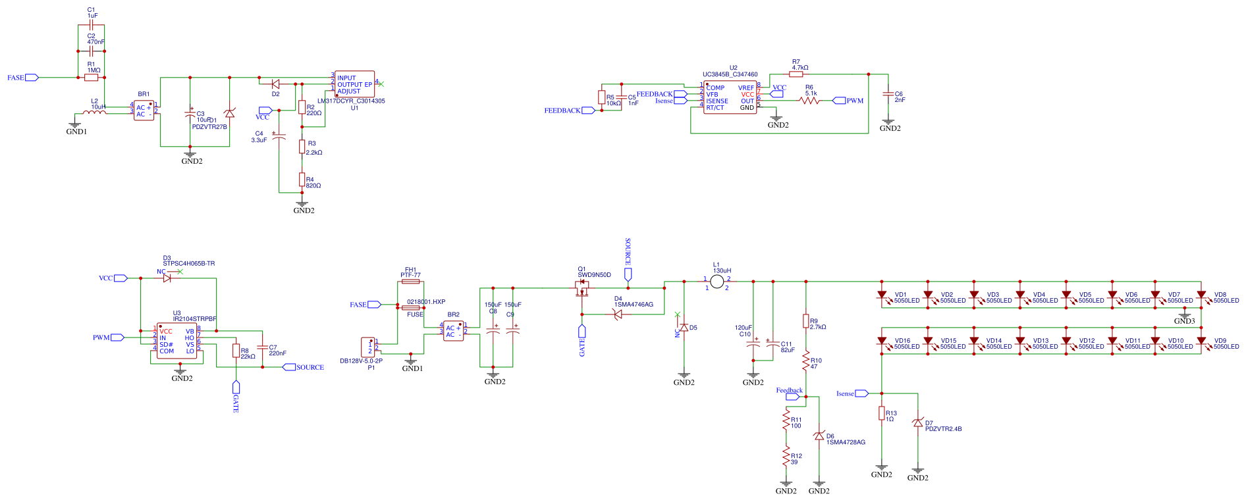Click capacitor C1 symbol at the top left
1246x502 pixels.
click(92, 25)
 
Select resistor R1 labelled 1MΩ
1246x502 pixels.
click(92, 78)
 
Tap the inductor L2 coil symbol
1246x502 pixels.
click(95, 113)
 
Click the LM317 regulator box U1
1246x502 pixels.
click(354, 84)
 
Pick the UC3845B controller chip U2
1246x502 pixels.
click(730, 97)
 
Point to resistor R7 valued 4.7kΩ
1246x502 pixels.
click(796, 74)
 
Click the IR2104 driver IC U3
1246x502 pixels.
click(176, 341)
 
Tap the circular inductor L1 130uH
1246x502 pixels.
click(717, 282)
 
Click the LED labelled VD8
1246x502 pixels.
click(1201, 295)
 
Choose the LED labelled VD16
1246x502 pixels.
click(882, 341)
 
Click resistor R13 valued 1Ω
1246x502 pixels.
click(882, 413)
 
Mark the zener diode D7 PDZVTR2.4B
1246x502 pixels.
click(917, 423)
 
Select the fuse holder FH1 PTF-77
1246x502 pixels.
click(410, 282)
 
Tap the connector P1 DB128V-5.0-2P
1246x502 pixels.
click(367, 347)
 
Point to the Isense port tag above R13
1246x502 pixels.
click(861, 393)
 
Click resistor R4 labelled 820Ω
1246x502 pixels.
click(302, 179)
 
